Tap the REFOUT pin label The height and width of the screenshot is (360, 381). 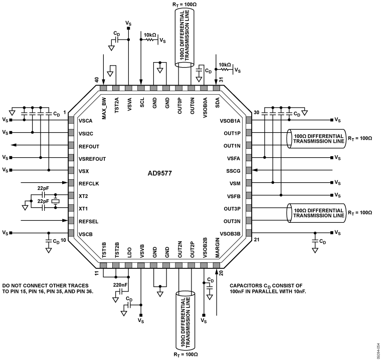pos(90,146)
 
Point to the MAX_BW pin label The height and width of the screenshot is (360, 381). pos(104,109)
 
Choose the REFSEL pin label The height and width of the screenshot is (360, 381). pos(89,220)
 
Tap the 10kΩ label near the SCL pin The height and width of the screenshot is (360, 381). pos(150,35)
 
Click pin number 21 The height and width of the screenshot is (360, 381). pos(257,240)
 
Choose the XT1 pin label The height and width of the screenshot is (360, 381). pos(83,208)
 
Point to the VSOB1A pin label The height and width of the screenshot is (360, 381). pos(230,121)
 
